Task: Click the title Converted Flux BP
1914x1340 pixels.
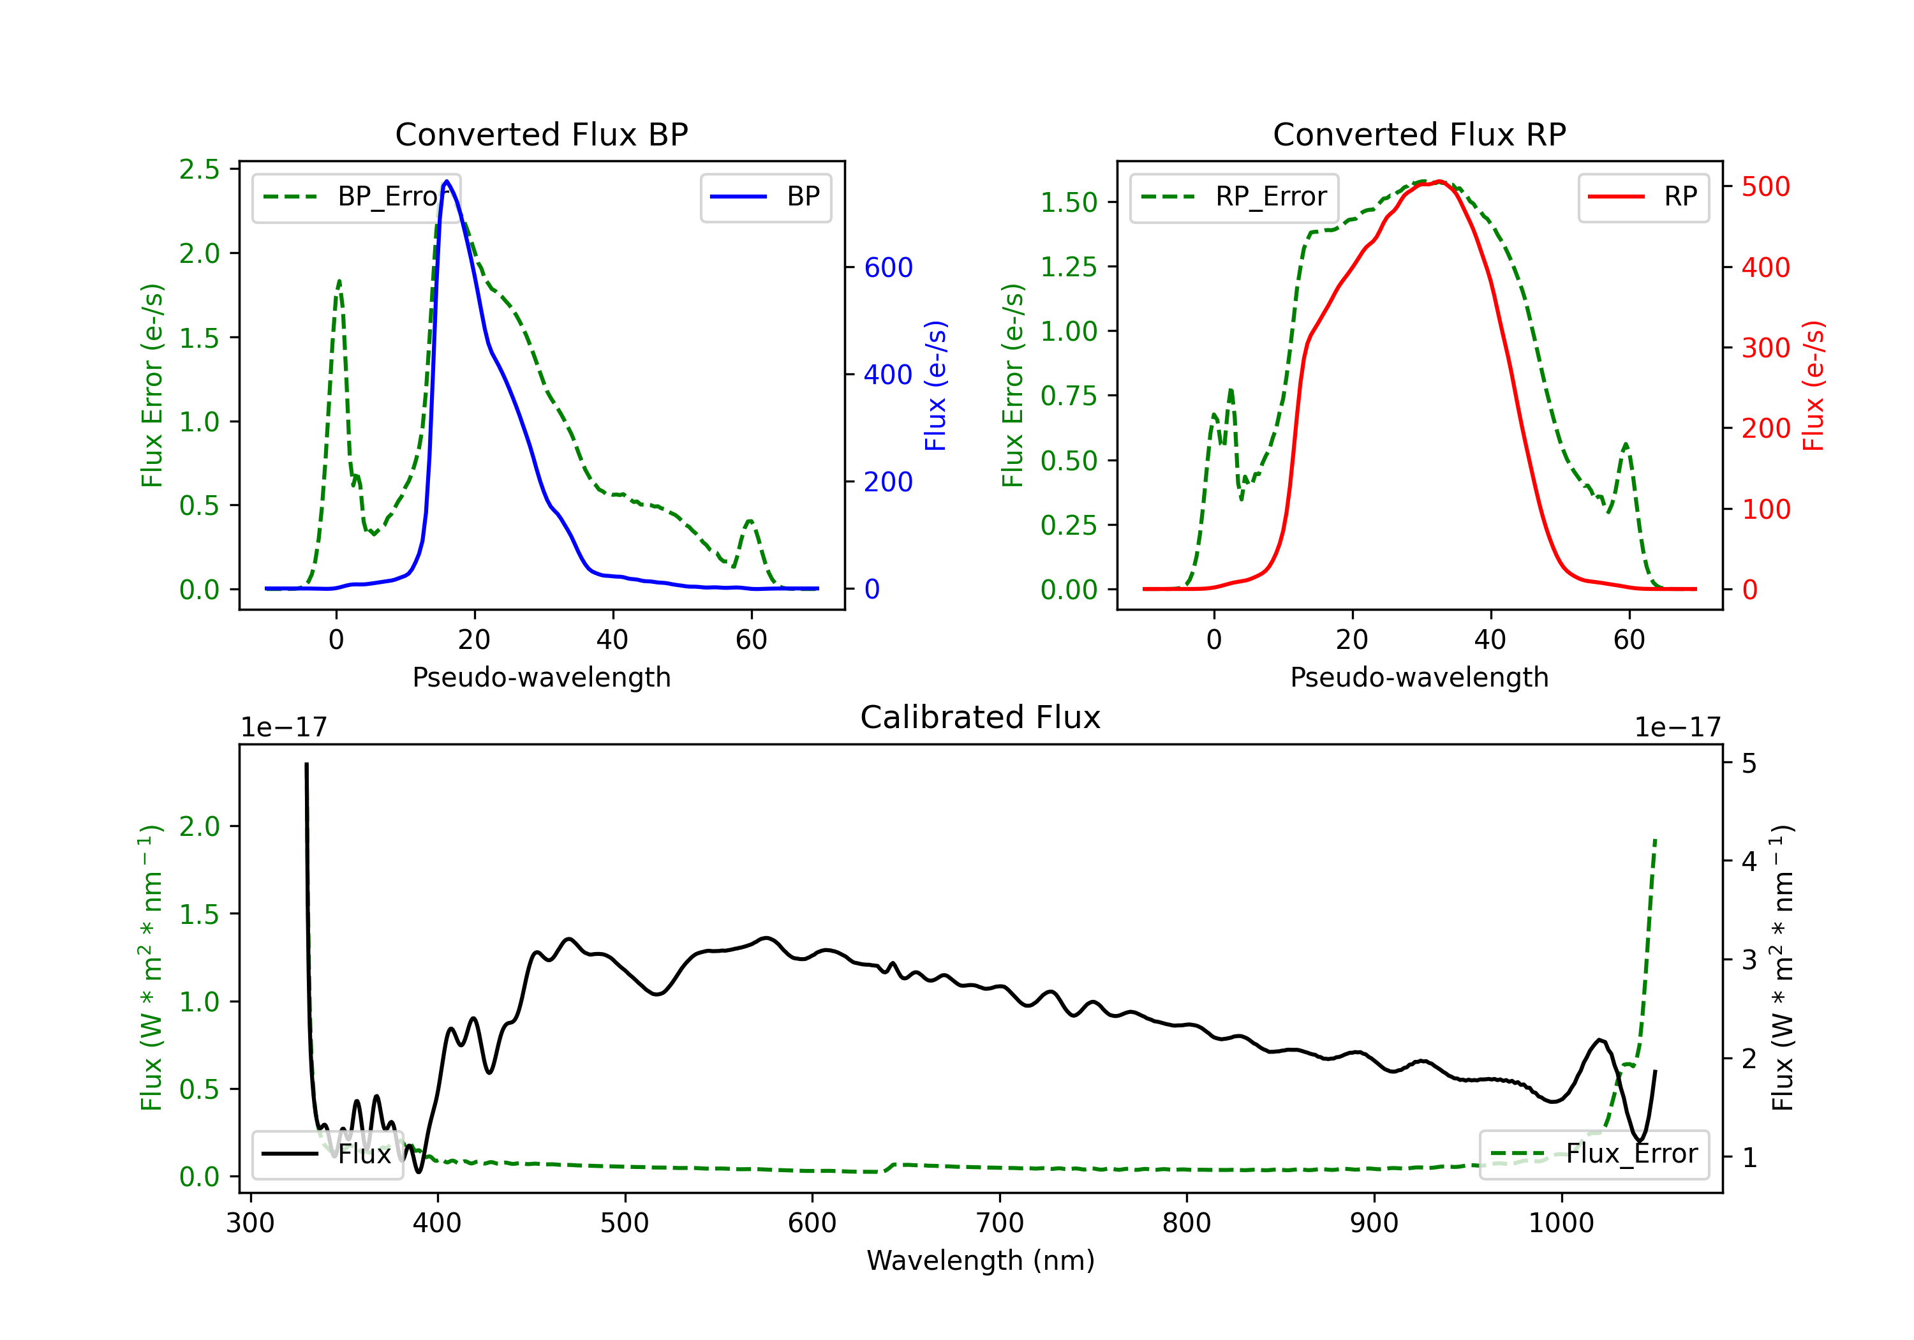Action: (x=541, y=134)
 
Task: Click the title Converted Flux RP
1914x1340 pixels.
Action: (x=1419, y=134)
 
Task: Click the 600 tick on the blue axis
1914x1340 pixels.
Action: (x=888, y=267)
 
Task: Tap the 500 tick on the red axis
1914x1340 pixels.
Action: (x=1765, y=187)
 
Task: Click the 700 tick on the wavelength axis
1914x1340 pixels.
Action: (x=998, y=1223)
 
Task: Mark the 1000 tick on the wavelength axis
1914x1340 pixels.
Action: (x=1561, y=1223)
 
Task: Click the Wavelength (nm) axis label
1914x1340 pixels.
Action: (x=981, y=1260)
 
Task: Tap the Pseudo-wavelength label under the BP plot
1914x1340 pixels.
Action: (x=541, y=677)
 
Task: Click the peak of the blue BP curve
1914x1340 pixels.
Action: (x=447, y=181)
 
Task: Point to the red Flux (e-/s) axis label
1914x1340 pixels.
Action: (x=1813, y=385)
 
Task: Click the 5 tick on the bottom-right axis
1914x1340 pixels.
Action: (x=1749, y=764)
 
